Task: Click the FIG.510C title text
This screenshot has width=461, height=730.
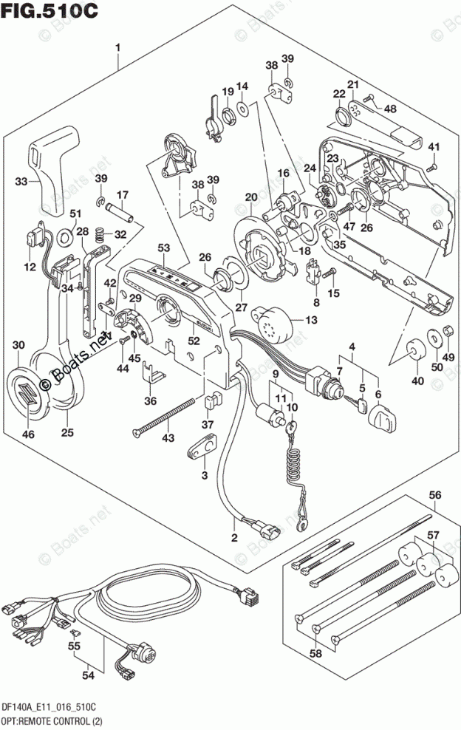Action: coord(49,10)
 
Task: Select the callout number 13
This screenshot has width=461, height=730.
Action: coord(312,320)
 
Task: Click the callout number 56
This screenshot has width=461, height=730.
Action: coord(435,495)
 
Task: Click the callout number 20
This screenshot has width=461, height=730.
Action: coord(251,197)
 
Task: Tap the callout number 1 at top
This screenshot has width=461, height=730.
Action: coord(117,47)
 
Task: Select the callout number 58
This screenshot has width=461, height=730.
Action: coord(315,653)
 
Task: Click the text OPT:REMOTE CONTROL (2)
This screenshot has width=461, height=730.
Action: coord(52,721)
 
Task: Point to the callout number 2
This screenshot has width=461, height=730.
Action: coord(234,538)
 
